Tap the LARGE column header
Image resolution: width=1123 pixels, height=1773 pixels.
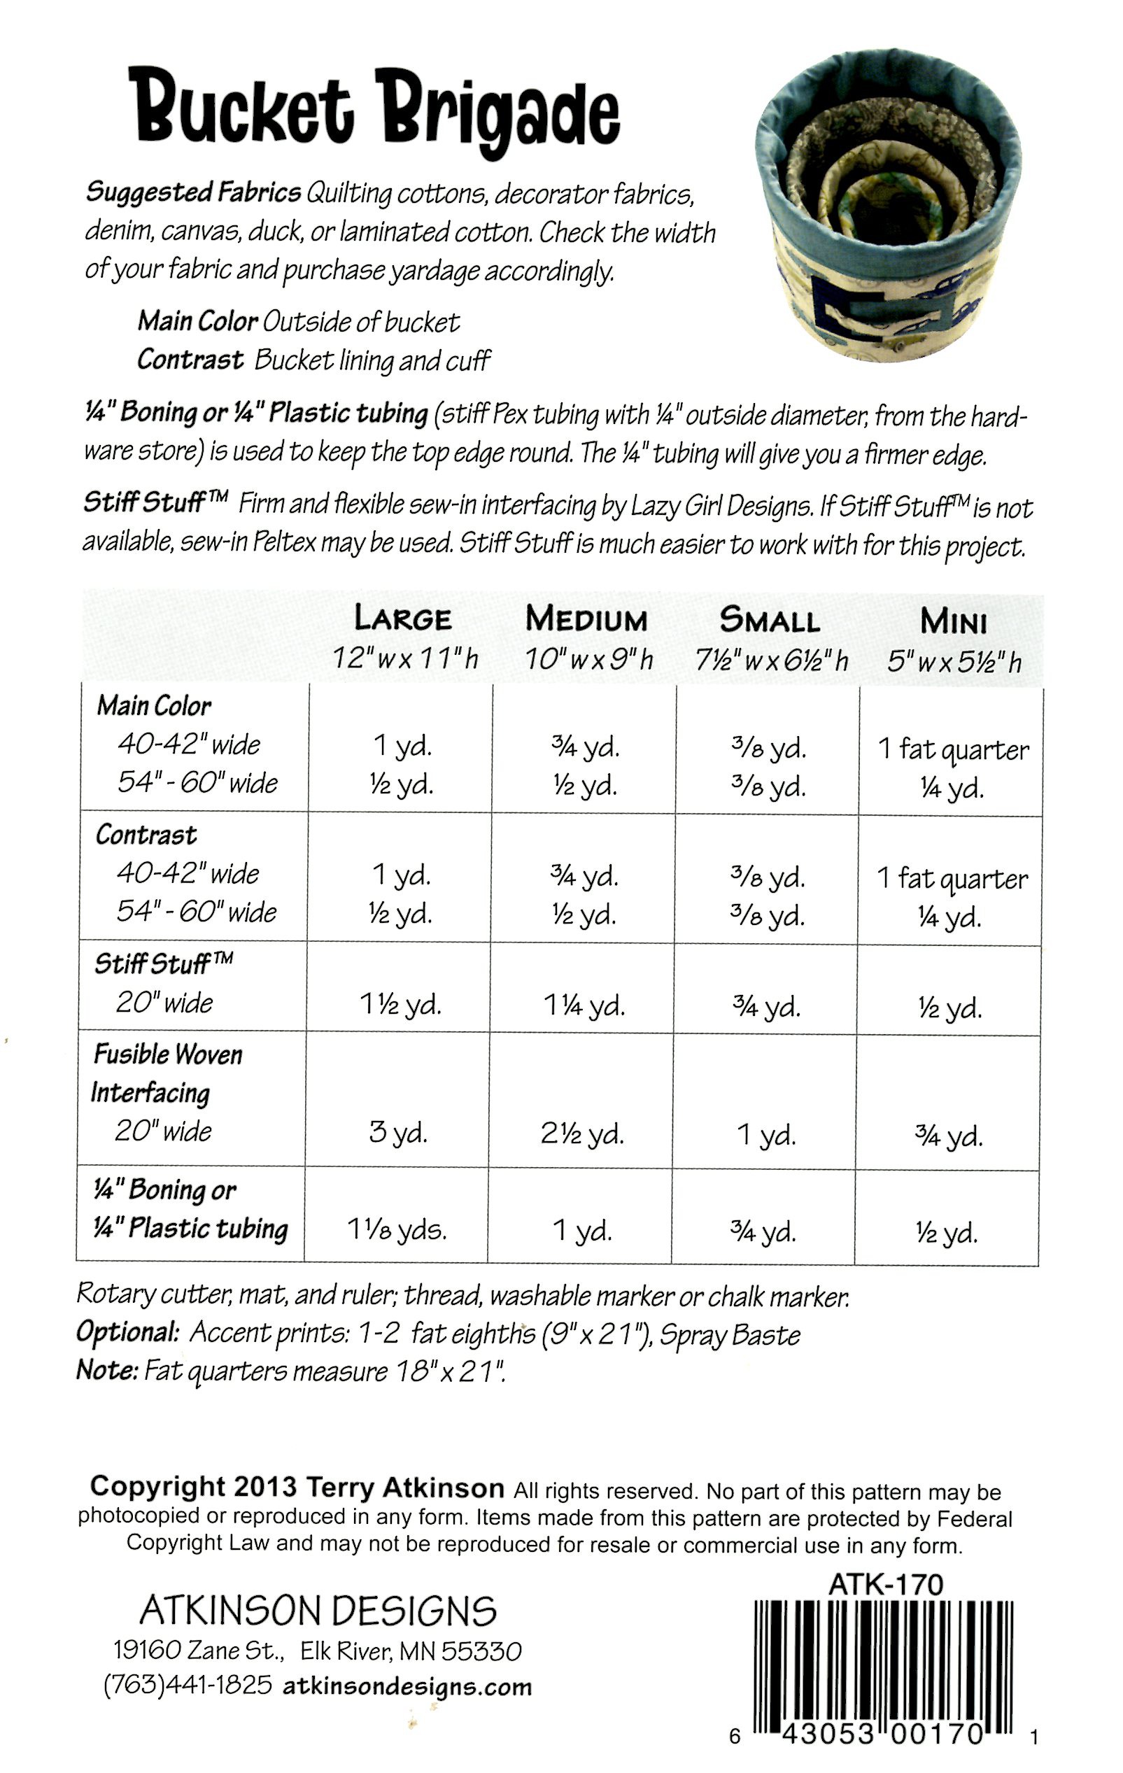tap(403, 619)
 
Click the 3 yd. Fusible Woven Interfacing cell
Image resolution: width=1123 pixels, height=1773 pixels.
tap(397, 1131)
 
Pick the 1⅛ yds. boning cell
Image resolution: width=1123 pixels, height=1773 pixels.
tap(397, 1229)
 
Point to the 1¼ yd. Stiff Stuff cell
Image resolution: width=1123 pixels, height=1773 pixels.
tap(584, 1005)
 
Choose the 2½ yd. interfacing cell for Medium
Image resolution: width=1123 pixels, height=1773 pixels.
tap(581, 1133)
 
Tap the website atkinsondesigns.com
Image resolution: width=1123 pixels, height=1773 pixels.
tap(407, 1686)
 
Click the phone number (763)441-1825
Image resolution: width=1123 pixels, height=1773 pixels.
tap(188, 1685)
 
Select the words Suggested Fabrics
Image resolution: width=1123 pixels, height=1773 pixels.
tap(193, 192)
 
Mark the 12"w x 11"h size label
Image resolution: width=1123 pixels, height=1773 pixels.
tap(404, 658)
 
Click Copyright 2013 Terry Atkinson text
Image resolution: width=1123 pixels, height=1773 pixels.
tap(297, 1487)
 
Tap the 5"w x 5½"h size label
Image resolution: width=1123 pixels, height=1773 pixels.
tap(954, 662)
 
